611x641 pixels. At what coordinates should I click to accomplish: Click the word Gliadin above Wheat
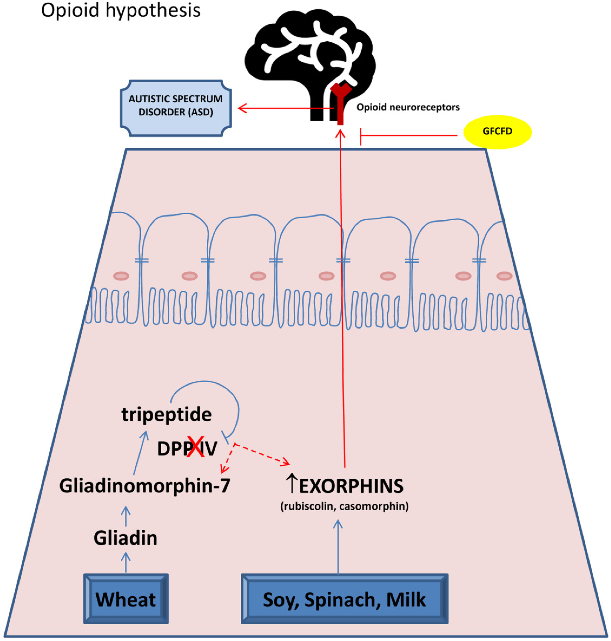[125, 538]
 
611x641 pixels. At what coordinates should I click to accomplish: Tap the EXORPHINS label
[351, 486]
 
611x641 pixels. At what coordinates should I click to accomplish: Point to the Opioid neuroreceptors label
[408, 107]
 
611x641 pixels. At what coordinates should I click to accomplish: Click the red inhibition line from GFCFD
[407, 136]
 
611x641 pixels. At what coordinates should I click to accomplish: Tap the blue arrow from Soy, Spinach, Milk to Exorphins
[338, 548]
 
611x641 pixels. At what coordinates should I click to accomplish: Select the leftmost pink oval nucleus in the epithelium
[121, 276]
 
